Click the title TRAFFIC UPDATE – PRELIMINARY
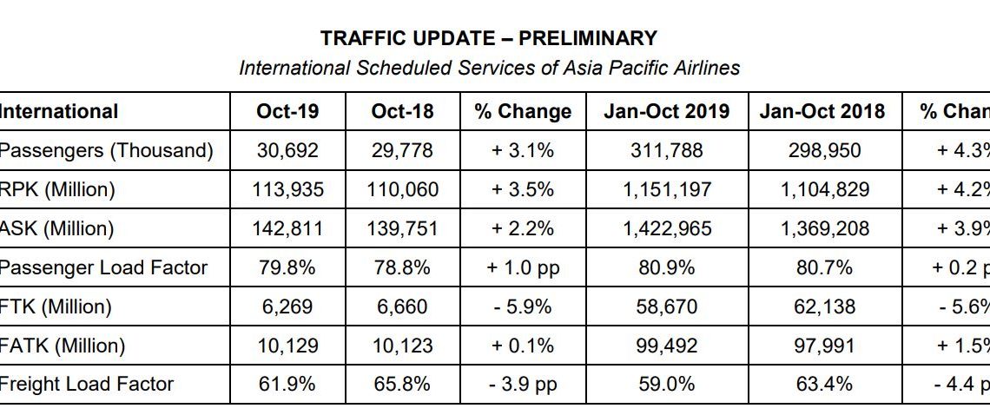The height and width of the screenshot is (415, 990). point(488,38)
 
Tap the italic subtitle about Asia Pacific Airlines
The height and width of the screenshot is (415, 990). point(489,68)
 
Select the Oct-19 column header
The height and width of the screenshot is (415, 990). point(287,112)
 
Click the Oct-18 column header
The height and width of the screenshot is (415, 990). point(401,112)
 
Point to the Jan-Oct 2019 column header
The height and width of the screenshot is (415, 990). point(666,112)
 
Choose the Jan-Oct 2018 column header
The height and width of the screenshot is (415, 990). point(822,112)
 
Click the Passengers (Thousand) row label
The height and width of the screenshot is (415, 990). point(106,151)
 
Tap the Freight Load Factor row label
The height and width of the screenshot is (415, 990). point(86,384)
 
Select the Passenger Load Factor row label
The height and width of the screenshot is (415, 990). point(103,267)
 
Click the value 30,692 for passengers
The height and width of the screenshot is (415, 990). point(287,151)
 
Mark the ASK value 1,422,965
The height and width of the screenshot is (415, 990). point(666,229)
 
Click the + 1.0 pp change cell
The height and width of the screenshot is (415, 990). point(523,267)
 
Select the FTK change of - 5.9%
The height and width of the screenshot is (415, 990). point(523,306)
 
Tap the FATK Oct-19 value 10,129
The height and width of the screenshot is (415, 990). point(287,346)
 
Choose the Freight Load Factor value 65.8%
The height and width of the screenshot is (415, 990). point(401,384)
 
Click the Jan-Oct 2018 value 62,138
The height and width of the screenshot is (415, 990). point(822,306)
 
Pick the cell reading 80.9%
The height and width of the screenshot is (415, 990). point(666,267)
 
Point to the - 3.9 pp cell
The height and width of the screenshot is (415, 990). point(523,384)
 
